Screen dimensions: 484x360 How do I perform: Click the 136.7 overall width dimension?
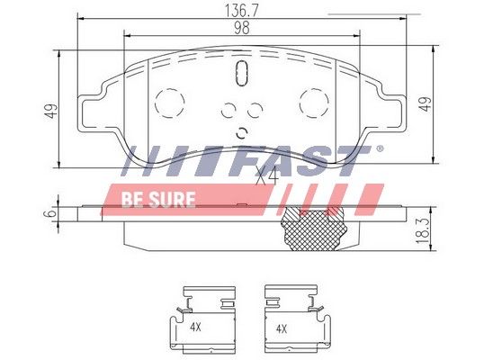241,11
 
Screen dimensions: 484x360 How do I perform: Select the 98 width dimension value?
242,29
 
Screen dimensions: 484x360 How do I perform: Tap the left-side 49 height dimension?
51,111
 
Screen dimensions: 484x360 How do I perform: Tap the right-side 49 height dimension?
426,104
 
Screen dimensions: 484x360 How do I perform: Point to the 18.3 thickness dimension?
423,230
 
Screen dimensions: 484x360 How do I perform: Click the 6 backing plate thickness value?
51,213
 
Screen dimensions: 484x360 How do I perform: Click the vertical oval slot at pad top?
242,73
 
